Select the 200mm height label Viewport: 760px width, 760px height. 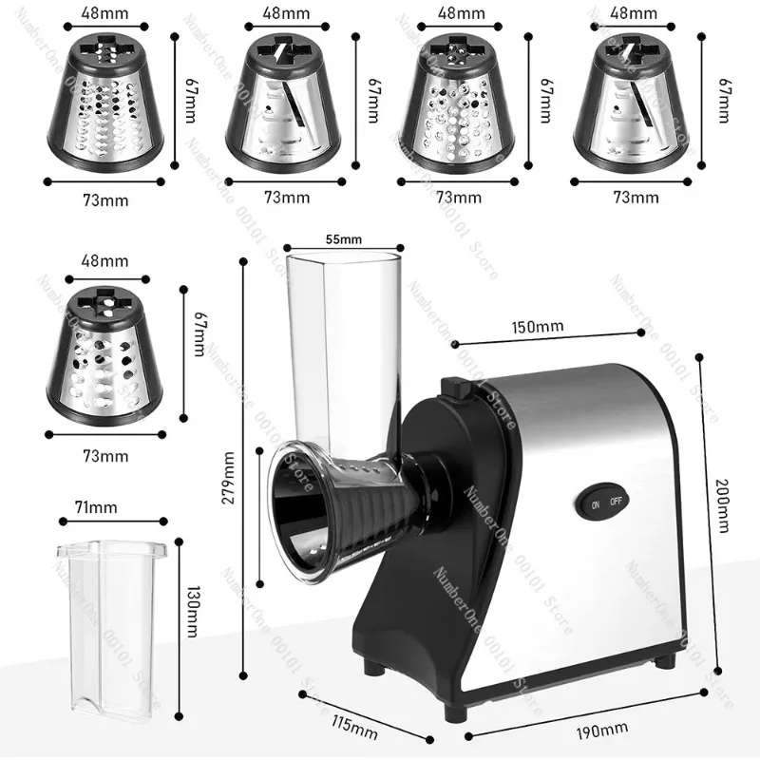pyautogui.click(x=723, y=518)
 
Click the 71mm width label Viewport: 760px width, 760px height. pyautogui.click(x=102, y=507)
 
